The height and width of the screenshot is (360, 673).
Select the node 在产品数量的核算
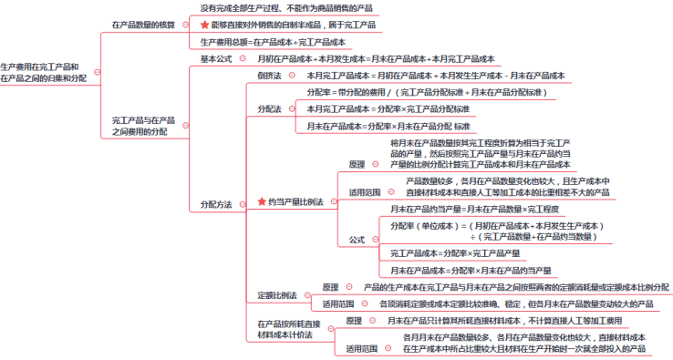143,25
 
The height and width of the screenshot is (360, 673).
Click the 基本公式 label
216,58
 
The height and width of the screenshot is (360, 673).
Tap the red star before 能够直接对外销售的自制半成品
204,25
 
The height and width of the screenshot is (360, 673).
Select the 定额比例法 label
277,294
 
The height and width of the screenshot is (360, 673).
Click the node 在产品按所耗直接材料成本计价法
289,329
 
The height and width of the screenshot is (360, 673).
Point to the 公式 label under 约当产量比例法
357,239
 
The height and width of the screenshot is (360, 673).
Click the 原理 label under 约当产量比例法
357,165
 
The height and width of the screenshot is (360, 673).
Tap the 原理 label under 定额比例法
330,286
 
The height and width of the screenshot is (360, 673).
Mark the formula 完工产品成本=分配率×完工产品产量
455,252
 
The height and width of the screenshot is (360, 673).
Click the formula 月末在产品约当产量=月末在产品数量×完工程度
472,209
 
